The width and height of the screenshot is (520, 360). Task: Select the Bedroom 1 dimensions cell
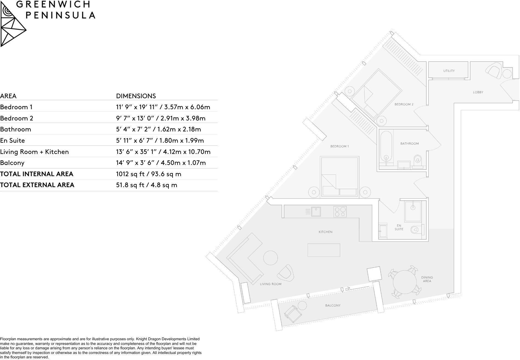[163, 107]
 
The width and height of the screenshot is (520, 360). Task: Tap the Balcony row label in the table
[12, 163]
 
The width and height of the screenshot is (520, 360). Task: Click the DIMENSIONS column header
[136, 96]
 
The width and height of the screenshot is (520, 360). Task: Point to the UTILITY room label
[449, 71]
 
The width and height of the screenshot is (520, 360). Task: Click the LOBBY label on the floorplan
[478, 92]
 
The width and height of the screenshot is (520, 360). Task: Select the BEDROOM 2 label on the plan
[404, 104]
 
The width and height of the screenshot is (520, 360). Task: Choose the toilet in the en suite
[416, 229]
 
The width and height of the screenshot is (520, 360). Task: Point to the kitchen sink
[316, 212]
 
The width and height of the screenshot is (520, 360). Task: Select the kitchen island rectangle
[324, 250]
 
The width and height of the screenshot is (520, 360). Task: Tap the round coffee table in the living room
[270, 258]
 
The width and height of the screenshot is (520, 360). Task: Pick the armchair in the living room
[286, 273]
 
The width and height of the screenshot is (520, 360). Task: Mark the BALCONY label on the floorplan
[333, 305]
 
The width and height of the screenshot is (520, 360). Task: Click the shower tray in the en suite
[413, 211]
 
